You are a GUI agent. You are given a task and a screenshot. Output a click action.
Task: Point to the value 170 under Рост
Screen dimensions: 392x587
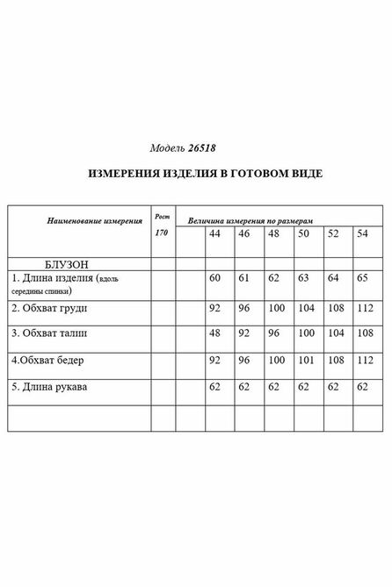(161, 233)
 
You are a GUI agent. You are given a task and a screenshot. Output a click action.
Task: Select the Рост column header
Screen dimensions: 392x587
(161, 216)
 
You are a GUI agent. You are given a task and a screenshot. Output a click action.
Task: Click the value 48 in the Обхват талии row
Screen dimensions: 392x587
(214, 334)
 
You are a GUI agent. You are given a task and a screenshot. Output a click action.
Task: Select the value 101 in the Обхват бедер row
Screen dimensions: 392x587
(304, 361)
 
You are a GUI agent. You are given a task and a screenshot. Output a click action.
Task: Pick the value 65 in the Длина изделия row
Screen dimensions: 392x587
(362, 278)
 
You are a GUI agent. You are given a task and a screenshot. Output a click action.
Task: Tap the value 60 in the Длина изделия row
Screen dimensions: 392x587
(214, 278)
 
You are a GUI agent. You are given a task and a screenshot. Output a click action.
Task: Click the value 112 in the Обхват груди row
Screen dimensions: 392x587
(364, 309)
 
